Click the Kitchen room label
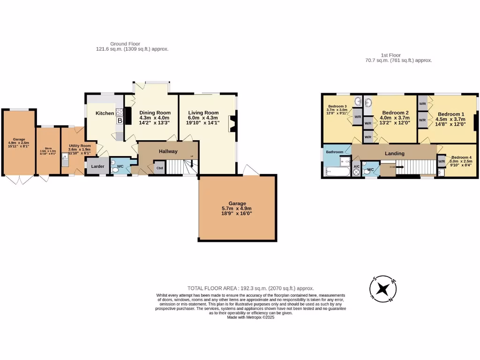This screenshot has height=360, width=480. coord(105,113)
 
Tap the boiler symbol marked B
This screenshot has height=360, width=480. coord(120,120)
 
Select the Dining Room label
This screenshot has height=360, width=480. coord(155,113)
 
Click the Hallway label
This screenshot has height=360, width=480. coord(168,151)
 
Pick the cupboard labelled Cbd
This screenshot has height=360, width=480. coord(159,168)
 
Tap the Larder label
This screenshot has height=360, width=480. coord(97,166)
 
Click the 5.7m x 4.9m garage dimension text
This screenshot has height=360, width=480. coord(237,209)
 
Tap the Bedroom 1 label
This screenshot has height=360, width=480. coord(451,114)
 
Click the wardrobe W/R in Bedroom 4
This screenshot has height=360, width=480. coord(442,162)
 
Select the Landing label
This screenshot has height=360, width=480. coord(394,153)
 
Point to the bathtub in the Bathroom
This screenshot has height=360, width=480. coord(335,172)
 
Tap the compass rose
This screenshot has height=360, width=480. coord(384,288)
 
